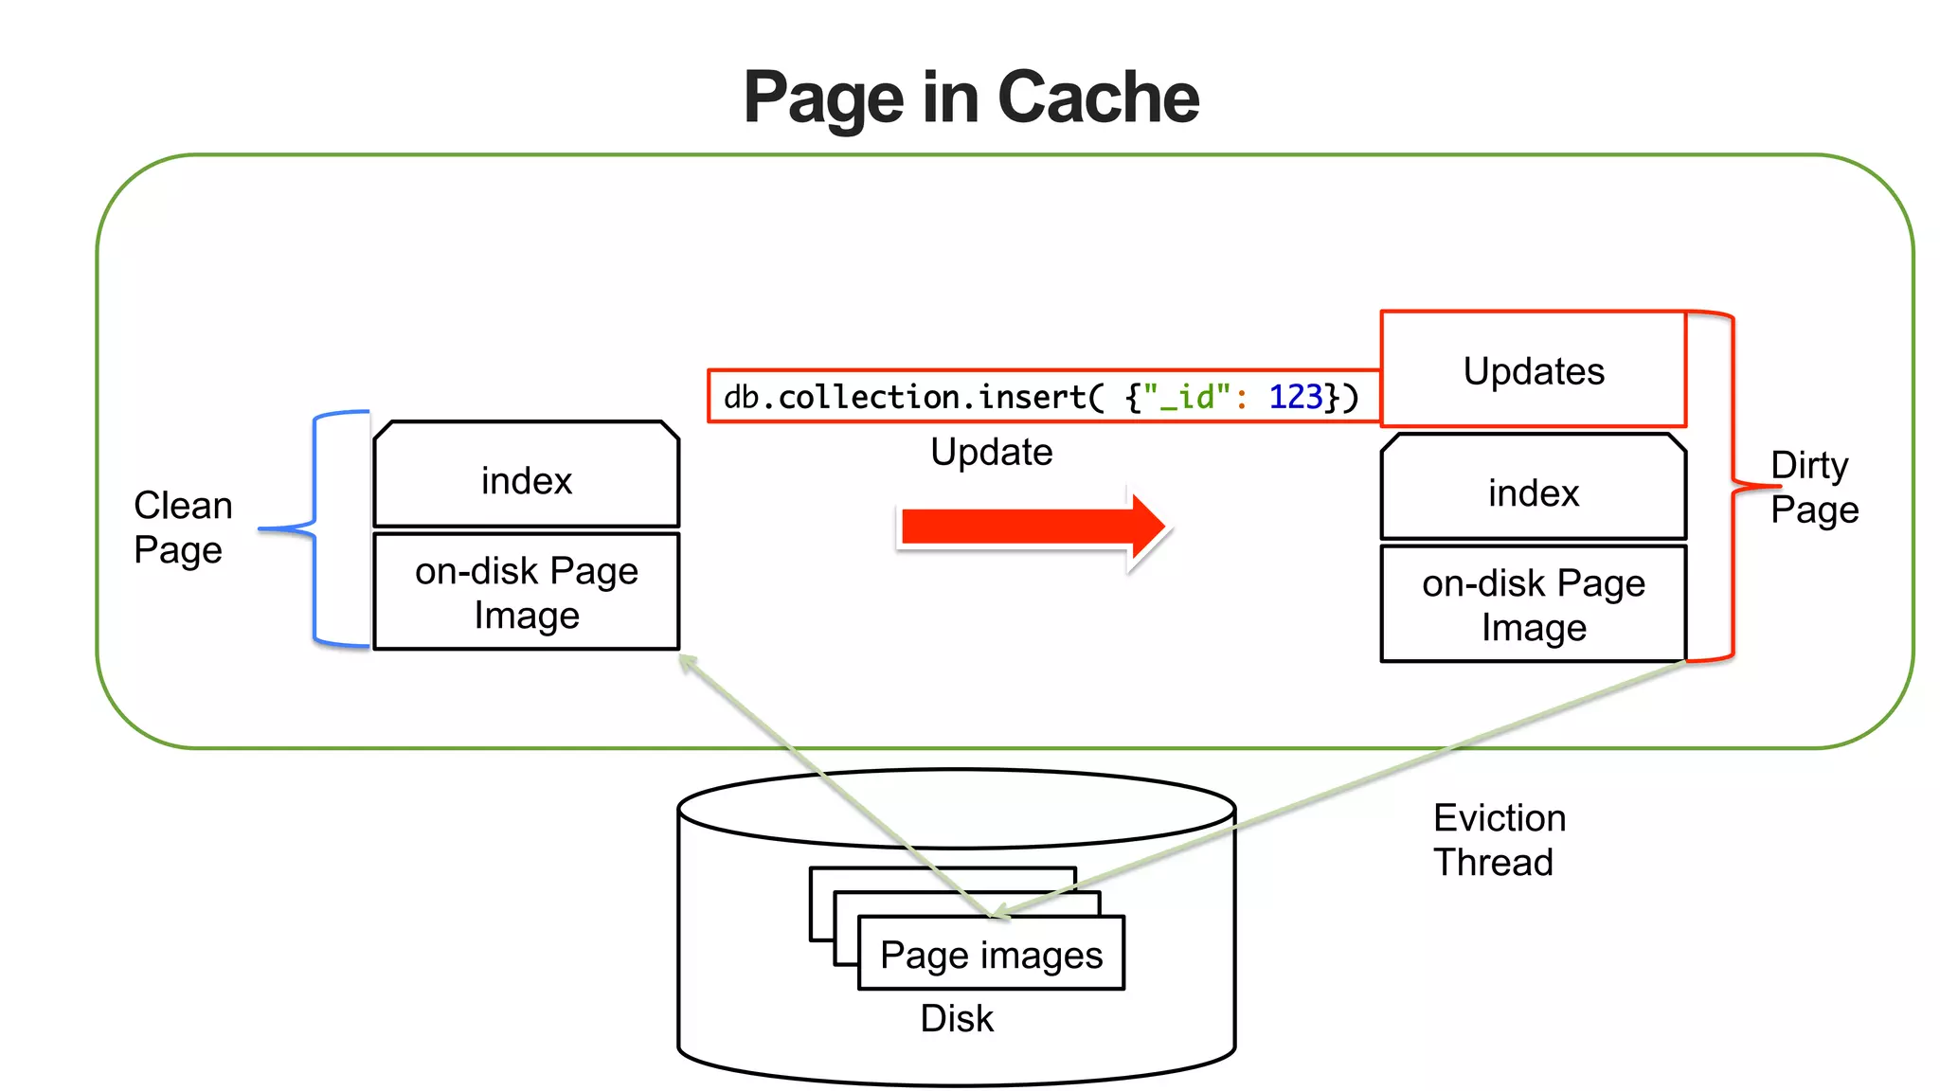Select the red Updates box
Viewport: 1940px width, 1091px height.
coord(1533,370)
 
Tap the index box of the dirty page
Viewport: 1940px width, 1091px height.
coord(1533,492)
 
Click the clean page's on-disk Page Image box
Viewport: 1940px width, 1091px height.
coord(527,593)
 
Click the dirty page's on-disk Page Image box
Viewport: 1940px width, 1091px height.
coord(1533,605)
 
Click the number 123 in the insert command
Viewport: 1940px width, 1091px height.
coord(1294,397)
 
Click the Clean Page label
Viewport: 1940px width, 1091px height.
coord(182,528)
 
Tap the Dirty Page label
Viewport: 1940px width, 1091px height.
coord(1813,488)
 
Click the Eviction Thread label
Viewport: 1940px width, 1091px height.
coord(1498,840)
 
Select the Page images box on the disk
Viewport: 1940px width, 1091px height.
coord(991,955)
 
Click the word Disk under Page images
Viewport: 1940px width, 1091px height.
coord(957,1018)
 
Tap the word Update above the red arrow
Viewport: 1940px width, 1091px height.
coord(991,452)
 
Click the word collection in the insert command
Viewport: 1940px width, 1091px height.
coord(869,397)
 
